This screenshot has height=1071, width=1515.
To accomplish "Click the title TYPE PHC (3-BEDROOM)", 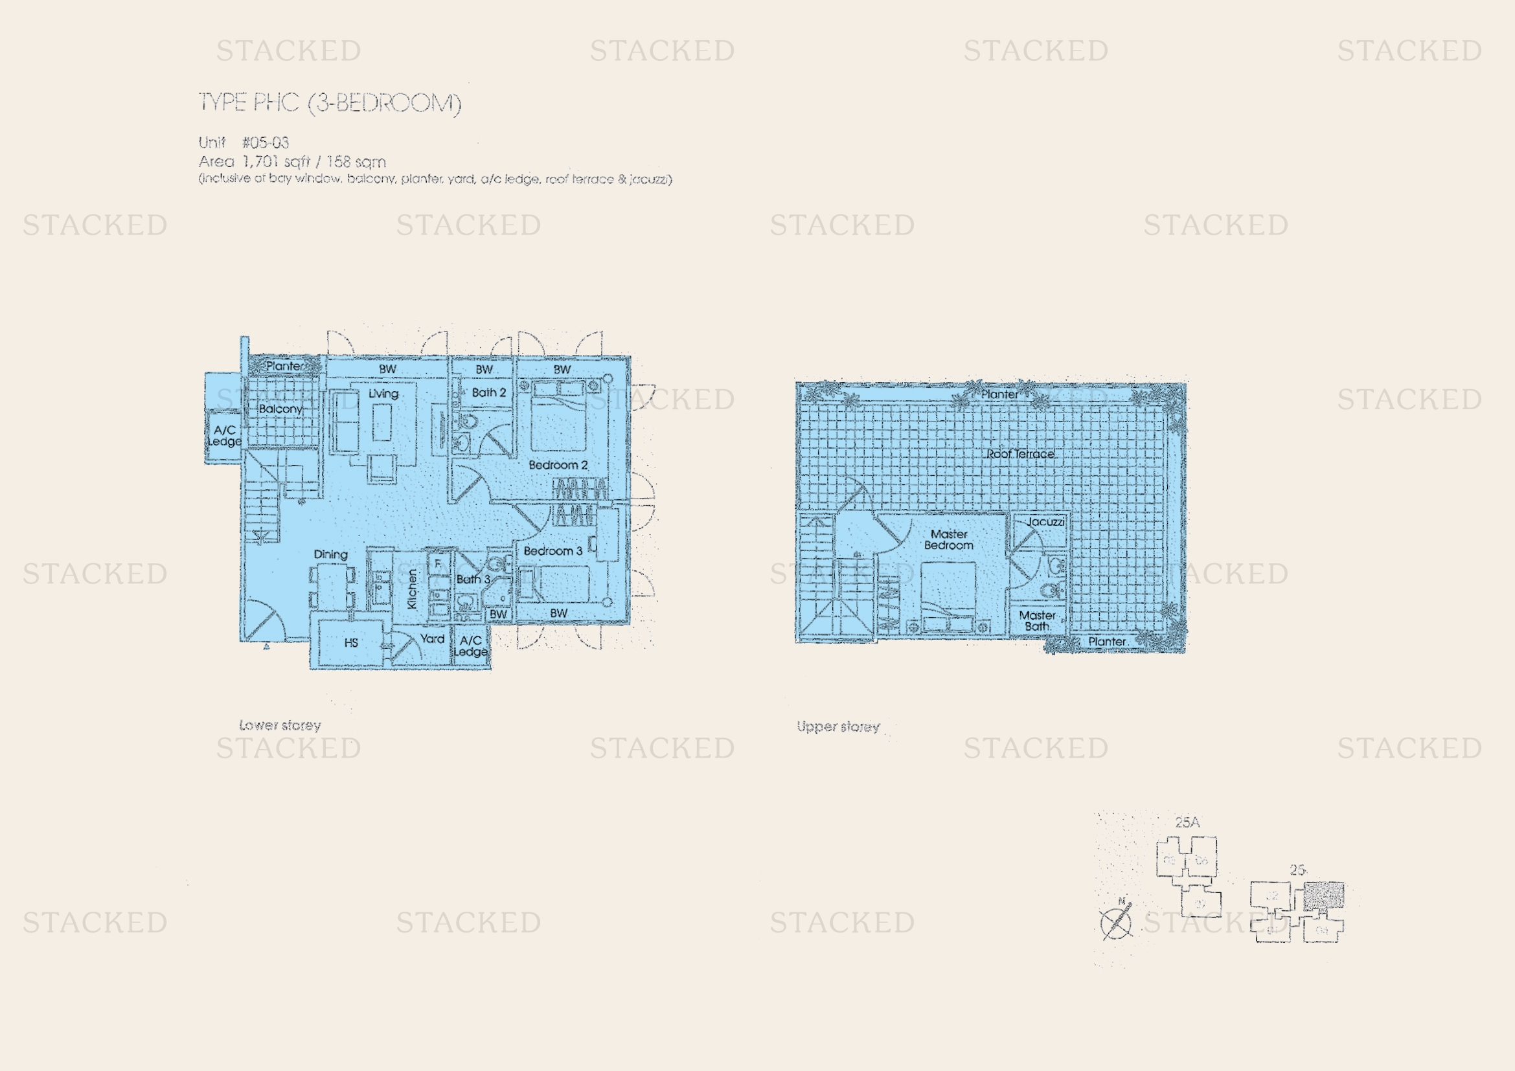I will click(330, 103).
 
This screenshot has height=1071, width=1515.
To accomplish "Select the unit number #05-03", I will click(266, 142).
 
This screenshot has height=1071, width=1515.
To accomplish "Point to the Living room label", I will click(383, 394).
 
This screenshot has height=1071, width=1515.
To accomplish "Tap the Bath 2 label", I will click(488, 392).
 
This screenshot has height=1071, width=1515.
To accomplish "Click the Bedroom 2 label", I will click(558, 465).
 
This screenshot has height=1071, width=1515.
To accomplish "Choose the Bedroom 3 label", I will click(553, 550).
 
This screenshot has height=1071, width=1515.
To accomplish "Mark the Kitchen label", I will click(413, 589).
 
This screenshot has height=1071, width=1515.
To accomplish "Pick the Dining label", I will click(330, 555).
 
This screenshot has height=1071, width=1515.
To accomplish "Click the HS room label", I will click(351, 642).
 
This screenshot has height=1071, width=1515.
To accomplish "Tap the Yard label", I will click(432, 638).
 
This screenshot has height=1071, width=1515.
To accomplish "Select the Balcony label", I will click(280, 409).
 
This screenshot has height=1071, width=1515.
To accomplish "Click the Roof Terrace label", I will click(1020, 454).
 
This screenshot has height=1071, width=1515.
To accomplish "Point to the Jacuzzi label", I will click(1045, 522).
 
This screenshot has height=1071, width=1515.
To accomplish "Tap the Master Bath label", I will click(1036, 620).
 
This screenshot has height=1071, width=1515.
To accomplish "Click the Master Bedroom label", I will click(948, 539).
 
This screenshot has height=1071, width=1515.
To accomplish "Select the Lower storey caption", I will click(280, 725).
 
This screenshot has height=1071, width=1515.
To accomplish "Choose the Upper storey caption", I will click(838, 727).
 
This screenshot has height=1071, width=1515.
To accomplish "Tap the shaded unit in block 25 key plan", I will click(1324, 895).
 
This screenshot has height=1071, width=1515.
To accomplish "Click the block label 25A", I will click(1187, 822).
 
